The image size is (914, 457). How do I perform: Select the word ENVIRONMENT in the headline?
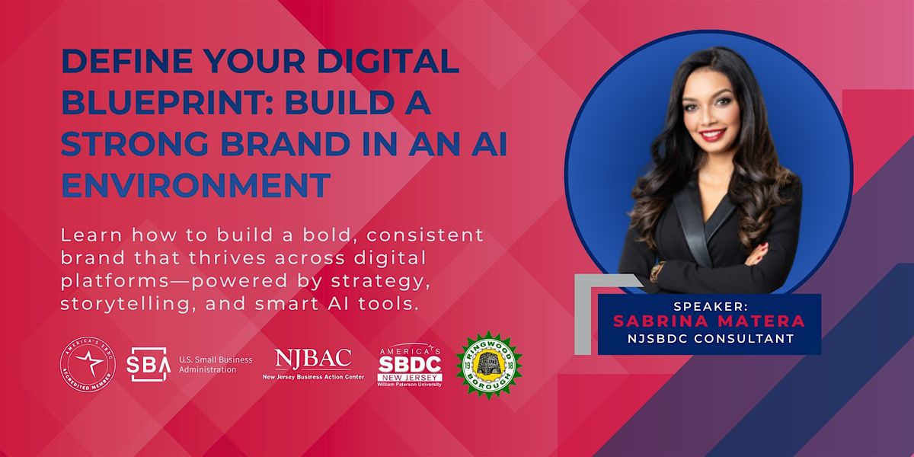coord(196,184)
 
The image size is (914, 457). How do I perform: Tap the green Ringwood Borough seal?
coord(488,364)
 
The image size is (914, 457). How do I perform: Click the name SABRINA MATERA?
coord(708,321)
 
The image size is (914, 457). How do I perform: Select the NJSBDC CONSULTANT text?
coord(708,337)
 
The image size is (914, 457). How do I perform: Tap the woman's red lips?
coord(712,136)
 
